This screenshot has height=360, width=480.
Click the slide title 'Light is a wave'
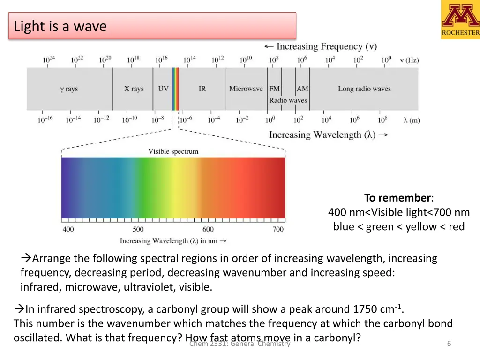(60, 26)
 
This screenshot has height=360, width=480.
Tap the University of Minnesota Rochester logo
(460, 19)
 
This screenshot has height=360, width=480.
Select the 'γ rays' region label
(69, 89)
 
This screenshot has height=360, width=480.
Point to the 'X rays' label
(134, 89)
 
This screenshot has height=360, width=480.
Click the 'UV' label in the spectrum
(163, 89)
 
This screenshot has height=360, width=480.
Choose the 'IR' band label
(202, 89)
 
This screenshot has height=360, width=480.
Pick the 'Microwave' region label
(246, 89)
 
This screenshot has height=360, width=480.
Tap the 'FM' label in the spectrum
(274, 89)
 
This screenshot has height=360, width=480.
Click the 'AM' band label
(302, 89)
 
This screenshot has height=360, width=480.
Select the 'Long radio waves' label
(364, 89)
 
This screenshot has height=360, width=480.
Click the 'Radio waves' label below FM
(288, 100)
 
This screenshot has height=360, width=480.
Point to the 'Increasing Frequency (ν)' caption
(321, 46)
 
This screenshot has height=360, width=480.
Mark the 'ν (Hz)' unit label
(409, 60)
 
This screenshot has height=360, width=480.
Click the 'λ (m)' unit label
(412, 120)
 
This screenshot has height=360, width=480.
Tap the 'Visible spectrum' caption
(173, 151)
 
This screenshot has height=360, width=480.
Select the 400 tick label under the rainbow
(68, 229)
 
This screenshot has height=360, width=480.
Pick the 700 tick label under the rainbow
(278, 229)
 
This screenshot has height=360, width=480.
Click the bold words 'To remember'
(397, 198)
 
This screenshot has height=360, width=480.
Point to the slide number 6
(449, 344)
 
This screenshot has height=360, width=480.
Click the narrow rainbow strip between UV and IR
(175, 89)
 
